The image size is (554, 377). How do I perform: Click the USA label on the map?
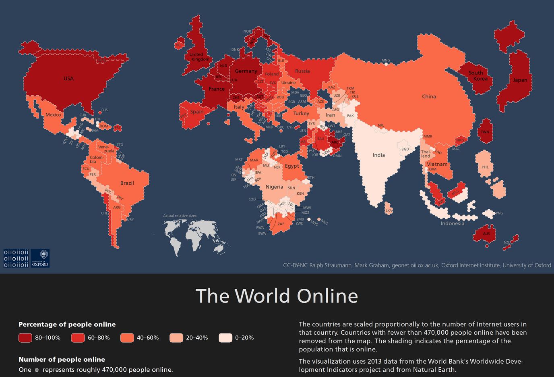point(68,79)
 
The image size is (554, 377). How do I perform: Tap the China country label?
point(429,96)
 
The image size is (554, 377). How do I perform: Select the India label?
point(378,155)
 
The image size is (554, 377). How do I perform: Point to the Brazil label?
point(127,183)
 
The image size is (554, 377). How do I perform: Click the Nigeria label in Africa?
point(274,187)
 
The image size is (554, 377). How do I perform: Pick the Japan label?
point(520,80)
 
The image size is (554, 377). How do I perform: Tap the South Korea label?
point(478,76)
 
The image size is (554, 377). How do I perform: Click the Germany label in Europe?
point(246,71)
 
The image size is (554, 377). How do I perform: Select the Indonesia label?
point(452,223)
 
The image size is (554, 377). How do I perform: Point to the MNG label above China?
point(386,60)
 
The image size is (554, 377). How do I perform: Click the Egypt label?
point(292,166)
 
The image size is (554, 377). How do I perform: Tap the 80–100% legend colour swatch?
point(25,338)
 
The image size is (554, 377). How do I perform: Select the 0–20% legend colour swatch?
point(225,338)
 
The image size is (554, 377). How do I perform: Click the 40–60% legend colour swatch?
point(127,338)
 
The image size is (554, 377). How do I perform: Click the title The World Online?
point(277,296)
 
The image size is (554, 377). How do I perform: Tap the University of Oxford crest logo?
point(40,258)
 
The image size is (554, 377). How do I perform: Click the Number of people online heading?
point(62,359)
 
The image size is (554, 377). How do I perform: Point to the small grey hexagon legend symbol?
point(37,370)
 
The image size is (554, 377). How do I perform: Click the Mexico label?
point(53,115)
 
